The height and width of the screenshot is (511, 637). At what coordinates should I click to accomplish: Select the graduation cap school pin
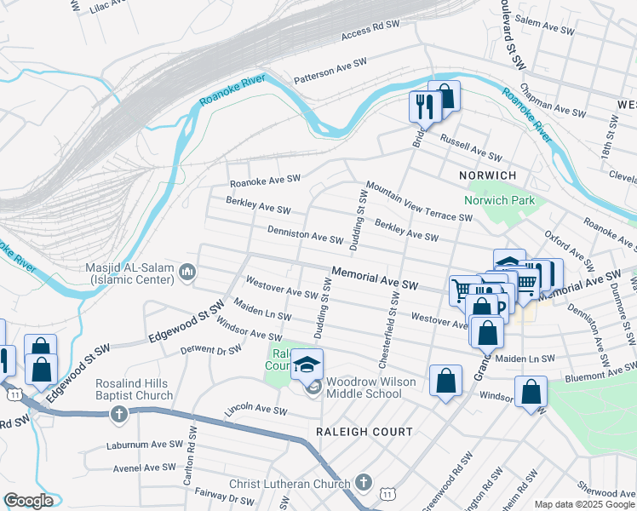[x=307, y=365]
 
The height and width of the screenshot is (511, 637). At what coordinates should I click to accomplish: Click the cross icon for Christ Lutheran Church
[x=364, y=483]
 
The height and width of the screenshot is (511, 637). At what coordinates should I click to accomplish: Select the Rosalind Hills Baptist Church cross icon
[x=118, y=414]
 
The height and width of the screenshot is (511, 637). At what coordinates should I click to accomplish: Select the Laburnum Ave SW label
[x=145, y=445]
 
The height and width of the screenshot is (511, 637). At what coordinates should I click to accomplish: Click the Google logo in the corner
[x=28, y=500]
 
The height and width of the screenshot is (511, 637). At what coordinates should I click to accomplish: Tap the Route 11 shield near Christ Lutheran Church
[x=388, y=494]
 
